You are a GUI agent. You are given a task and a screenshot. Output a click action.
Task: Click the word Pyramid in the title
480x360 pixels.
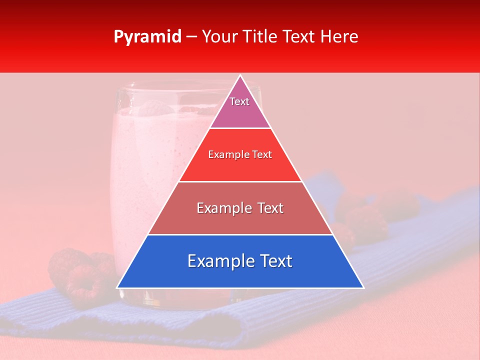coord(147,37)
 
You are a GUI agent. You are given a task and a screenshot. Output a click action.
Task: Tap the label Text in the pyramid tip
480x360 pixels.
coord(239,101)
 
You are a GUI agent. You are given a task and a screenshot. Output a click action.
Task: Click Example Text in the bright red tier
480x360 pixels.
coord(240,154)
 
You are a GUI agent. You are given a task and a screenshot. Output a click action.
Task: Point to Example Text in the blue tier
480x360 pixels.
coord(240,261)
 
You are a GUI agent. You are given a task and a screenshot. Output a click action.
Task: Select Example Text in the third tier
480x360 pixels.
coord(240,208)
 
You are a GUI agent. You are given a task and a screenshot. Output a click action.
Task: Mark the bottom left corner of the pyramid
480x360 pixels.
coord(117,287)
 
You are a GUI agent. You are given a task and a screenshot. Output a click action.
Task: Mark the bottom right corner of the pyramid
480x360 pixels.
coord(363,287)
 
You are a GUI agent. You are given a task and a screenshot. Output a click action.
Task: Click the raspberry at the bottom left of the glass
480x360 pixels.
coord(82,282)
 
